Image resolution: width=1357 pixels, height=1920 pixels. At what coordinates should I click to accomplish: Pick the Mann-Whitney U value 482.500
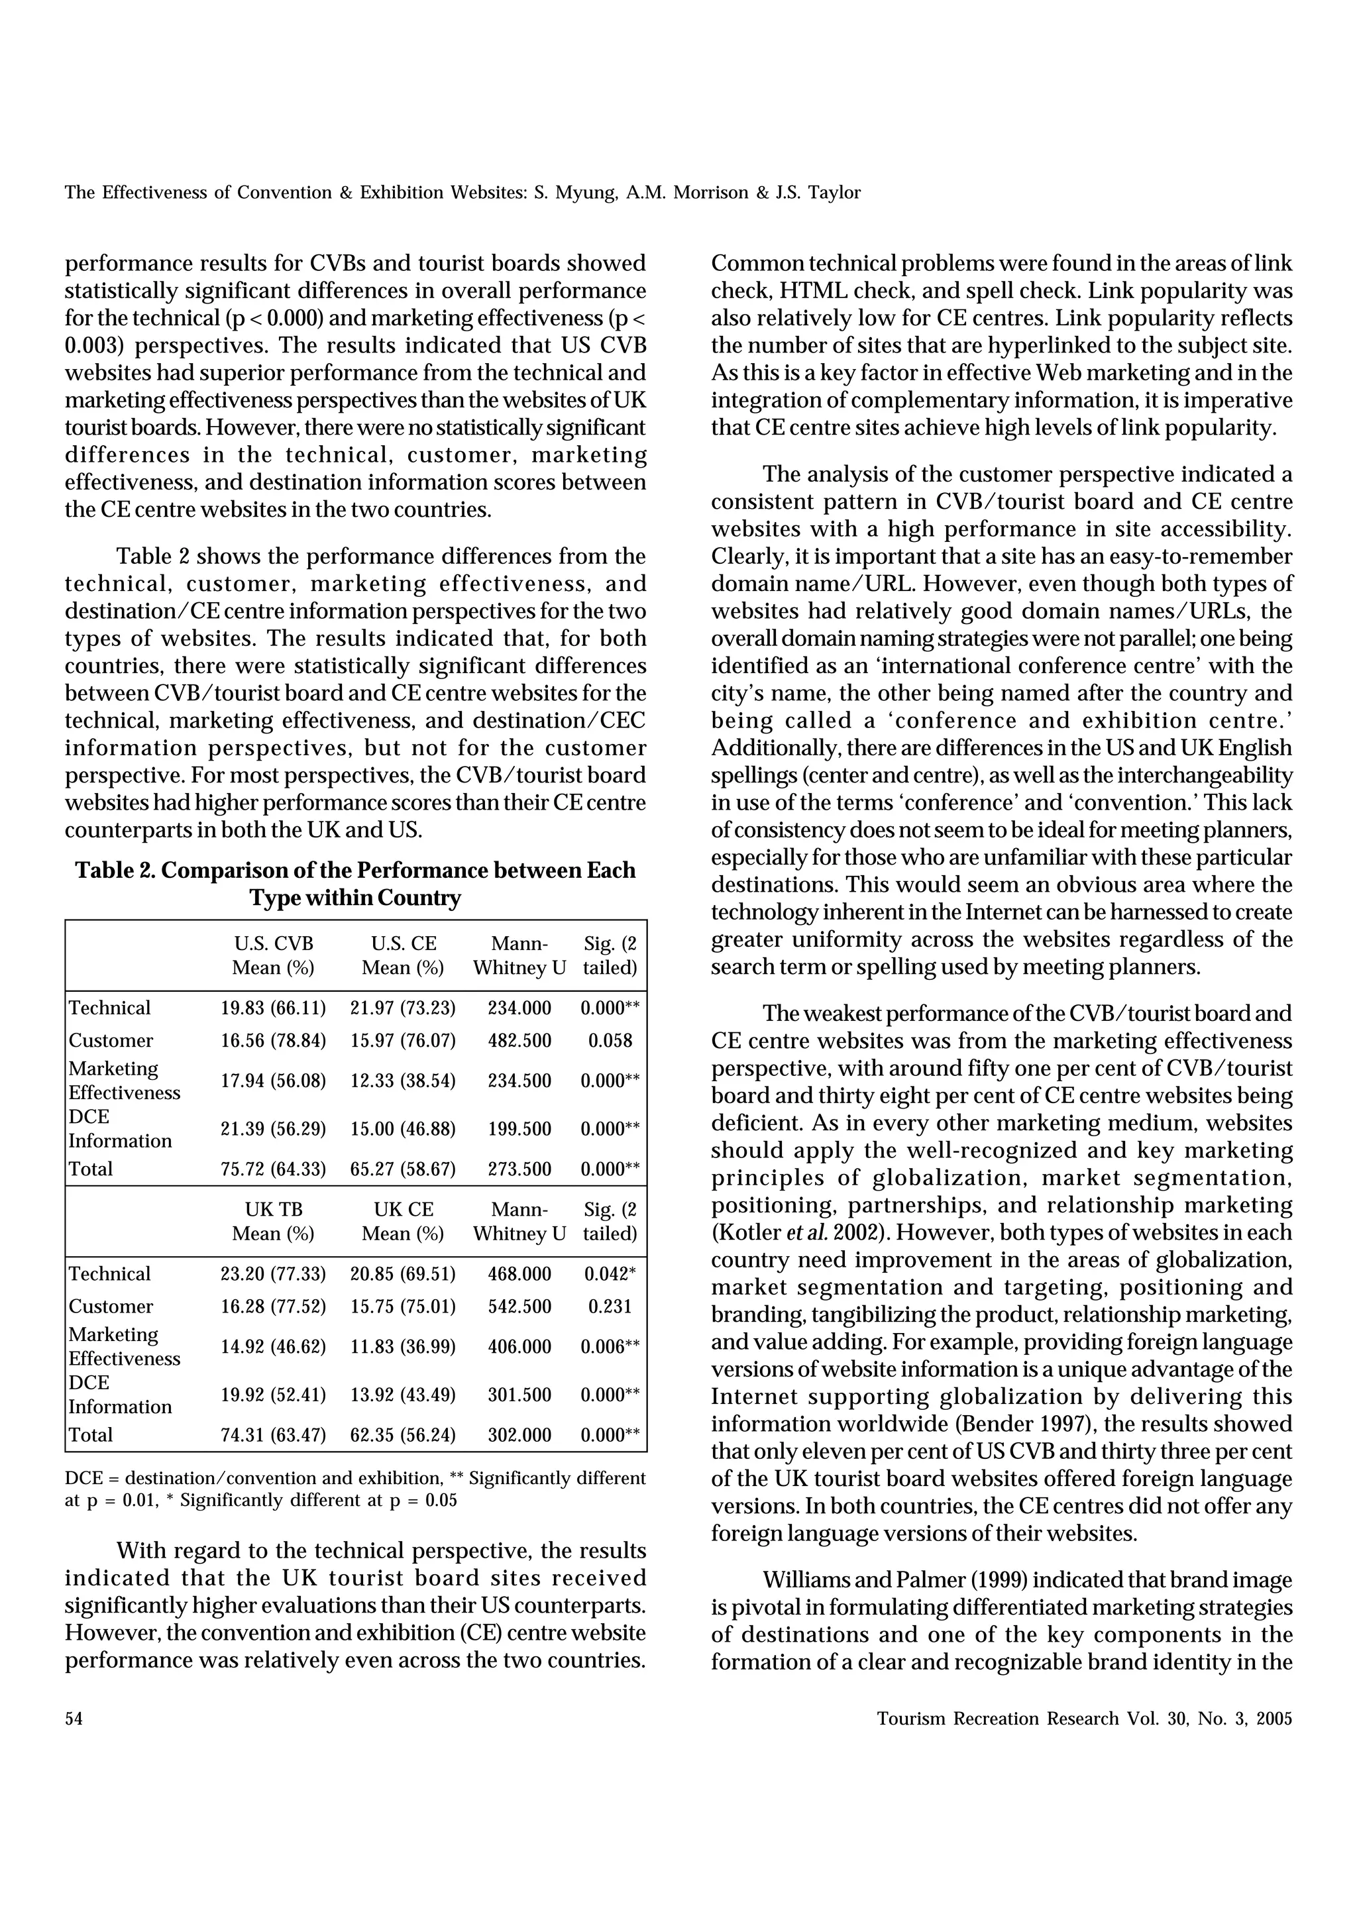point(519,1041)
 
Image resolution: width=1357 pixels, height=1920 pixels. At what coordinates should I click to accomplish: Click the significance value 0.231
point(610,1307)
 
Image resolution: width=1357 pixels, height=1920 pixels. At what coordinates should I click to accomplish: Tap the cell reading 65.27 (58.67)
point(402,1170)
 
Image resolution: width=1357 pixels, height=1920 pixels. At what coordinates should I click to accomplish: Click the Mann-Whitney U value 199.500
point(519,1130)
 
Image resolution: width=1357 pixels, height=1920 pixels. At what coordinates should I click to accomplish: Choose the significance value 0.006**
point(610,1347)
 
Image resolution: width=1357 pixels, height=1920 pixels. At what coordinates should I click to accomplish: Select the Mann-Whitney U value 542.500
point(519,1307)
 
